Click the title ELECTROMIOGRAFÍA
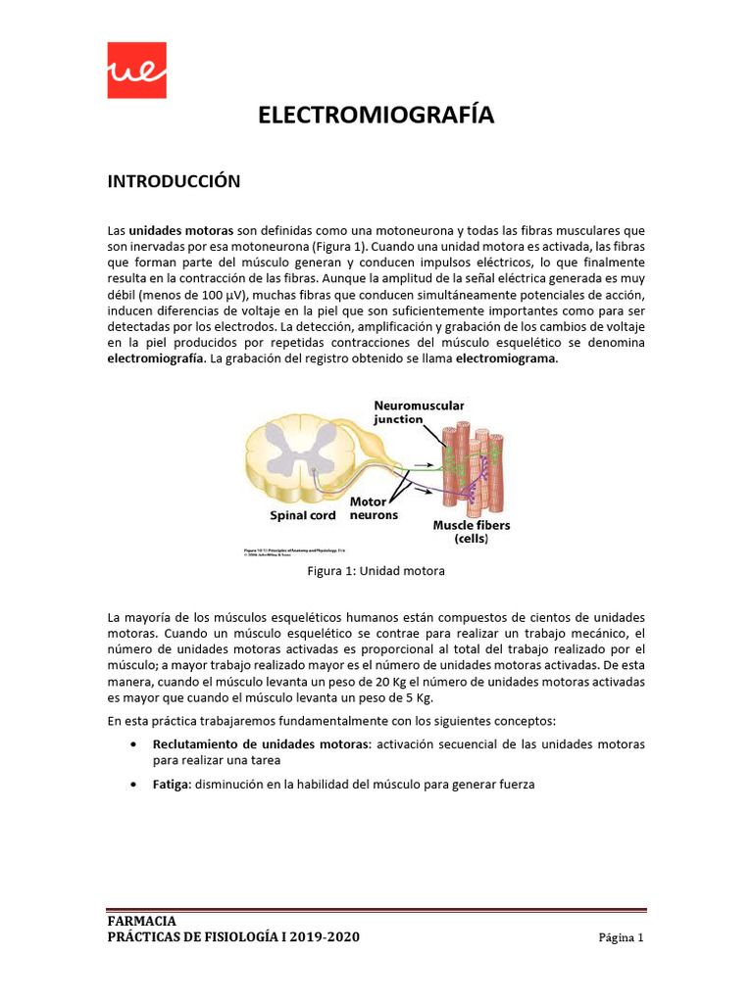pos(376,116)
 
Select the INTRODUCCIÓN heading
pos(174,181)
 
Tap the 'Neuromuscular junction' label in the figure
pos(419,411)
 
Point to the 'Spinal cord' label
pos(303,515)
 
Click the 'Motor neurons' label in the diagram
pos(374,508)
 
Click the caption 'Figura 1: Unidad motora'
pos(376,571)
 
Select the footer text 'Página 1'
pos(621,938)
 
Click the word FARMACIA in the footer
pos(142,921)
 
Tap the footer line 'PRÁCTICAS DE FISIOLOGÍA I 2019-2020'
pos(233,937)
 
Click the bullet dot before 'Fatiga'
pos(133,785)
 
